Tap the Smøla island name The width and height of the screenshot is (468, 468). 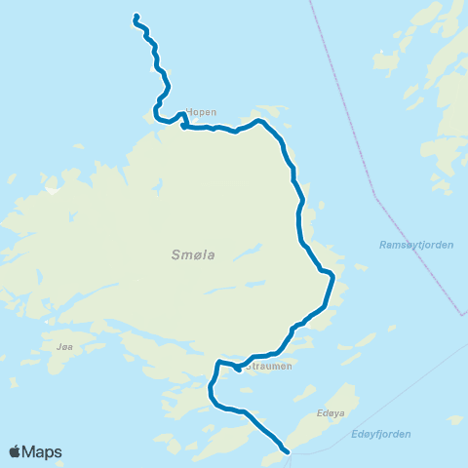192,255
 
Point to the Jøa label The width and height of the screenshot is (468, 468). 65,346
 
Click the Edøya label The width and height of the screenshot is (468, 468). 331,413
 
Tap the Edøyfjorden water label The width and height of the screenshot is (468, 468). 379,434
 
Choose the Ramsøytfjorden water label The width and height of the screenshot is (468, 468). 416,245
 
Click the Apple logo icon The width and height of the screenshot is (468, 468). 17,451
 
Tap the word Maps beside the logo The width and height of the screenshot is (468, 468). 44,451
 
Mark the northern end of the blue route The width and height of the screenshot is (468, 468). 135,16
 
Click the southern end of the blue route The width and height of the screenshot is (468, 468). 288,451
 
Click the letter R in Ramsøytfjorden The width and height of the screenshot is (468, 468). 383,245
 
